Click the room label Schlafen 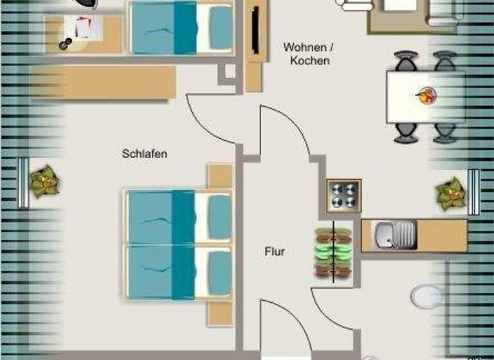coord(145,154)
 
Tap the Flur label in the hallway coord(275,252)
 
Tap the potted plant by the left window coord(44,182)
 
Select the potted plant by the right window coord(451,193)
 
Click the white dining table coord(425,97)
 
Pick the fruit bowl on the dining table coord(426,97)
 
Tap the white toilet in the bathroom coord(427,297)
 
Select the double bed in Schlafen coord(178,245)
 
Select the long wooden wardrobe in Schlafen coord(103,82)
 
